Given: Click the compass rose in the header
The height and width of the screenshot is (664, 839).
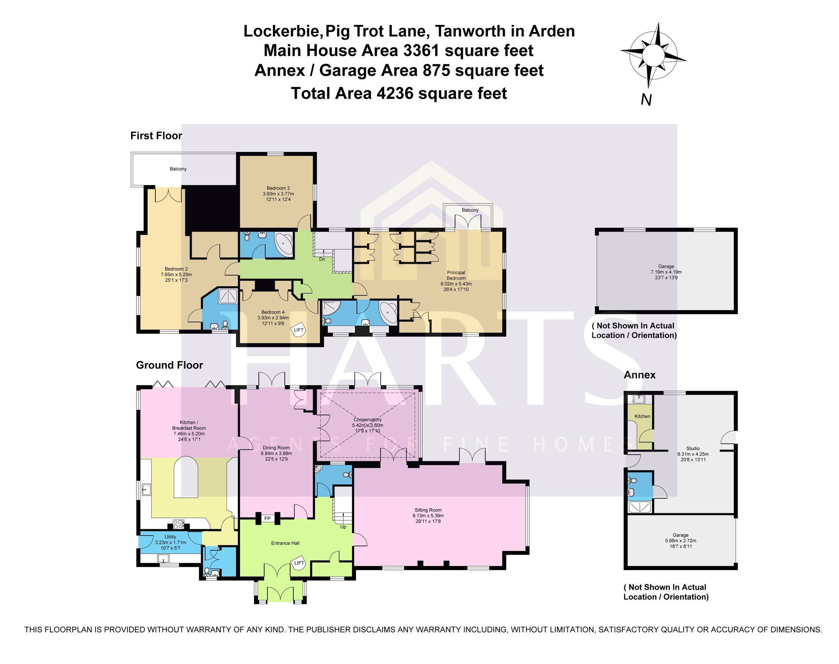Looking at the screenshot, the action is (x=653, y=55).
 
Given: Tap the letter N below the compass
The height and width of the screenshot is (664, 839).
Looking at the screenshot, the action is (x=646, y=100).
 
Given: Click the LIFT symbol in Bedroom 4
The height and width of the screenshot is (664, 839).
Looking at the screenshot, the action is (x=299, y=330).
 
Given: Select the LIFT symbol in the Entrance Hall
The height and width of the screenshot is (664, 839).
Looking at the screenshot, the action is (x=299, y=563).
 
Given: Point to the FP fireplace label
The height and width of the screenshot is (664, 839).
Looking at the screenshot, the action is (x=268, y=519).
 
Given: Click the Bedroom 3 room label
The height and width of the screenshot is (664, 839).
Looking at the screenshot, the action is (x=278, y=194).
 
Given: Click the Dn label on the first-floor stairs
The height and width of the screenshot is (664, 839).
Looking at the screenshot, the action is (x=322, y=259).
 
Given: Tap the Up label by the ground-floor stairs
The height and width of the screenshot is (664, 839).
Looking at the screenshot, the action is (x=343, y=527).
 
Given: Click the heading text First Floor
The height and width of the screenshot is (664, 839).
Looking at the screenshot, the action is (x=156, y=136).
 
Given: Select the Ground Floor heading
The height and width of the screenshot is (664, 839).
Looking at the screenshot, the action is (x=170, y=365).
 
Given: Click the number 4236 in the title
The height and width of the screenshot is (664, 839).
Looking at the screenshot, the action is (x=395, y=93).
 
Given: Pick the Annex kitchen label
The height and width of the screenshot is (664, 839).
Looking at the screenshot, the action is (x=642, y=416).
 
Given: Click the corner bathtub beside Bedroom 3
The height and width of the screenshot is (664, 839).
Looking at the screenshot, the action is (x=284, y=244).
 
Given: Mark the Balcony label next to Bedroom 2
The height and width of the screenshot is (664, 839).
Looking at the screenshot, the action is (x=178, y=169).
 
